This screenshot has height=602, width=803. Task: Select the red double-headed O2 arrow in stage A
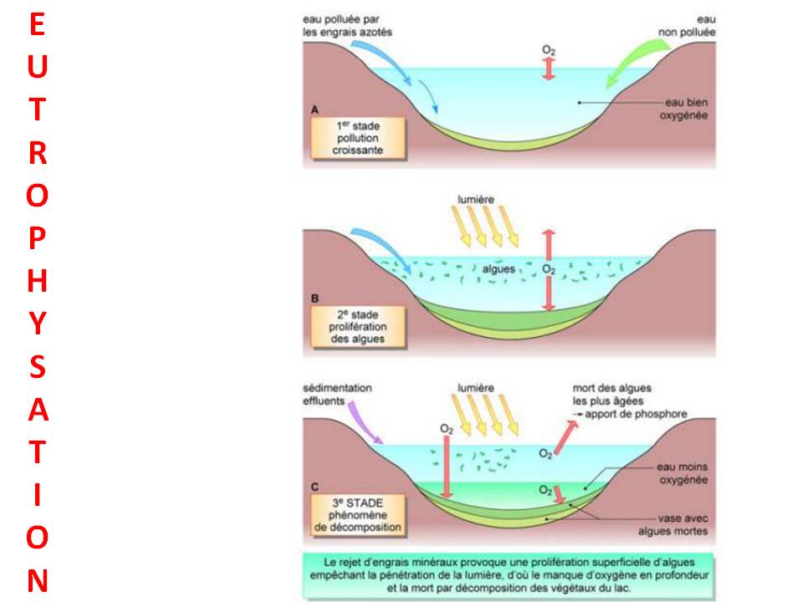[x=549, y=69]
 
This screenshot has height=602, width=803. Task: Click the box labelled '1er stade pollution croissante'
[x=358, y=137]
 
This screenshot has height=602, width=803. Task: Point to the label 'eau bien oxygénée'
[x=679, y=108]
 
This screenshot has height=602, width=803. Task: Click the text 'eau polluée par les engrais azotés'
[x=347, y=26]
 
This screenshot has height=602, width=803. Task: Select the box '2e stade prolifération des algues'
[x=358, y=327]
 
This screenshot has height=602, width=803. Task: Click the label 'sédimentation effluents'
[x=338, y=394]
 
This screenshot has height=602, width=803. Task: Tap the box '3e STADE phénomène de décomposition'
[x=358, y=515]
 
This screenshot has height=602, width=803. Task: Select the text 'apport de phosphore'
[x=637, y=414]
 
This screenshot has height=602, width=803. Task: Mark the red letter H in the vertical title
[x=38, y=280]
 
